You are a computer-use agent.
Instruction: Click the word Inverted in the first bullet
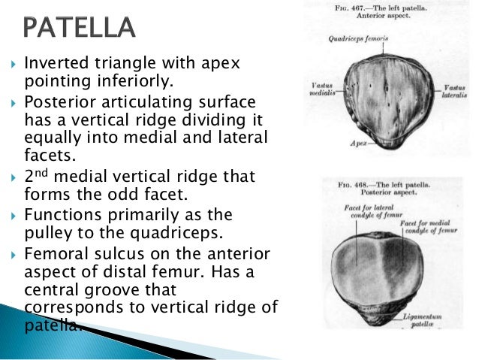(53, 65)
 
